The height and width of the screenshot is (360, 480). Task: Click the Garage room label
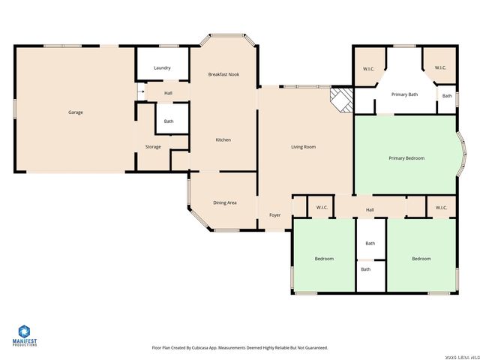pos(76,112)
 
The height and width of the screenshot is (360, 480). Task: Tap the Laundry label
pos(162,68)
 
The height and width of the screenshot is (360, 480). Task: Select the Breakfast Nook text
pos(223,74)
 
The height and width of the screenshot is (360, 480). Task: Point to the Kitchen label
pos(223,140)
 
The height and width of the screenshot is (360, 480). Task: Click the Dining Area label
pos(226,202)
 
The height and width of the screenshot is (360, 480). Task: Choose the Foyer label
pos(275,215)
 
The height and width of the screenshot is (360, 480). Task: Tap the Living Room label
pos(304,147)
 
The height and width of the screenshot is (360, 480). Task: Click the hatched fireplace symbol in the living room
pos(342,100)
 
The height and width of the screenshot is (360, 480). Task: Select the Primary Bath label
pos(403,94)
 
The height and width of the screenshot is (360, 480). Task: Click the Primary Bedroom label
pos(406,158)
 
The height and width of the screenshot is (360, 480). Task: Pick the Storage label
pos(153,147)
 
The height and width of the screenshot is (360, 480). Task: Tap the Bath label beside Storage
pos(169,121)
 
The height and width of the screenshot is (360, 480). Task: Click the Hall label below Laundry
pos(169,93)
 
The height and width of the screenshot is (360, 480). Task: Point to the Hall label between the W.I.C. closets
pos(370,210)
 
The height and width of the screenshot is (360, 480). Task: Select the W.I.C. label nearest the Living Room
pos(322,208)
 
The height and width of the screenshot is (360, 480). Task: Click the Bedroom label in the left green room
pos(324,259)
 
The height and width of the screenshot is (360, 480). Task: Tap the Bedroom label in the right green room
pos(421,259)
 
